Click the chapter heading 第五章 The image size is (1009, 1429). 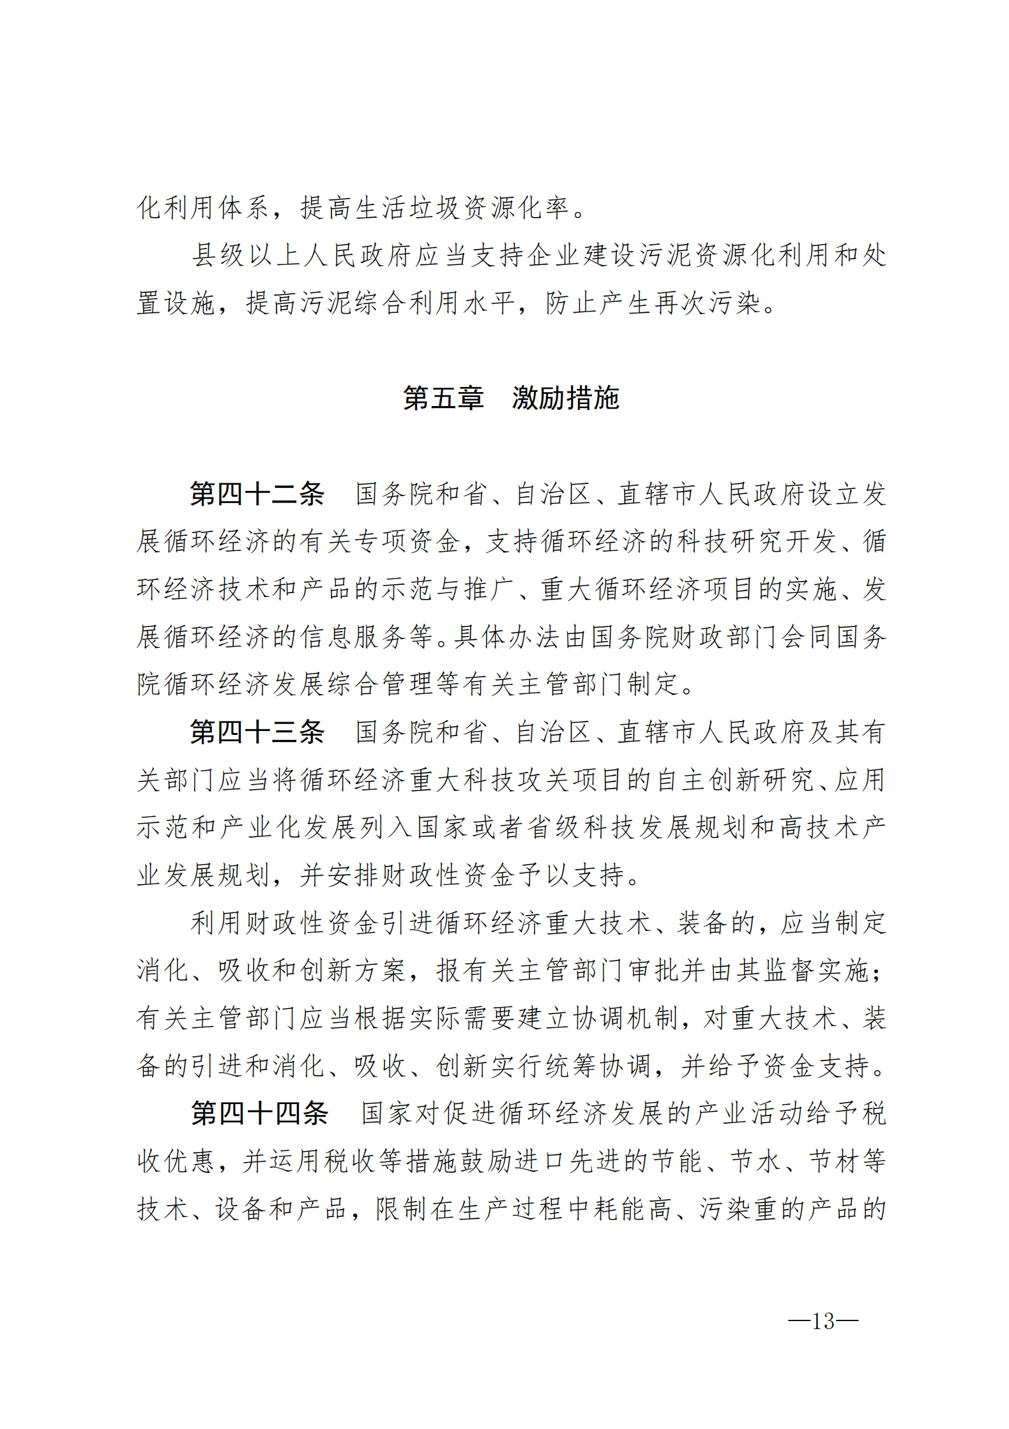443,398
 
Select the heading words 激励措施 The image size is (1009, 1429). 565,398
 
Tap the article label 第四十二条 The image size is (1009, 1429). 257,494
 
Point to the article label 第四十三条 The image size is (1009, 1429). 257,732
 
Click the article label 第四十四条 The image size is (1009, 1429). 259,1114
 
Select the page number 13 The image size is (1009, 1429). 823,1320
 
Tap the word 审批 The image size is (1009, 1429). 653,971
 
